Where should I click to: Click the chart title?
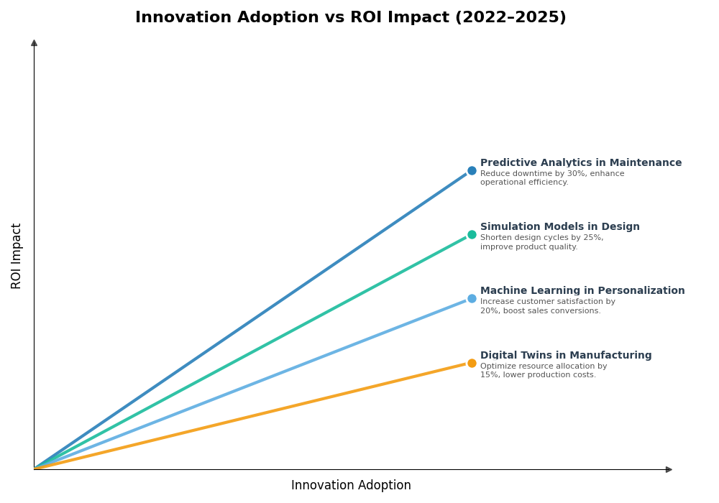click(x=350, y=18)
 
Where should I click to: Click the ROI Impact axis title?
click(x=17, y=256)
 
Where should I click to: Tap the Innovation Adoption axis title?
click(x=351, y=486)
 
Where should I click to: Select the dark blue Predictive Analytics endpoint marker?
click(x=472, y=171)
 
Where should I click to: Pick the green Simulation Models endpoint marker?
click(x=472, y=235)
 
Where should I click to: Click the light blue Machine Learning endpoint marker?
click(x=472, y=299)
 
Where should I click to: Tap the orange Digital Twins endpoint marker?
click(x=472, y=364)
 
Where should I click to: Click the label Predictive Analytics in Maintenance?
click(x=580, y=163)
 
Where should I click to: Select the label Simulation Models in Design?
click(x=559, y=227)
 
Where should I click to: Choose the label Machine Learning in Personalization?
click(x=582, y=291)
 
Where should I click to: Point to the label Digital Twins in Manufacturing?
click(x=565, y=356)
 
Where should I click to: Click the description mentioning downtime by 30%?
click(x=551, y=178)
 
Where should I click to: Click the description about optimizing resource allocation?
click(x=543, y=371)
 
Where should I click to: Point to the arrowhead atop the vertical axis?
click(x=34, y=43)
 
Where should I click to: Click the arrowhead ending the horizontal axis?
click(x=669, y=470)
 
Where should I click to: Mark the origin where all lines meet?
click(x=35, y=469)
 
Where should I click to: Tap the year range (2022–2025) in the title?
click(x=510, y=18)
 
